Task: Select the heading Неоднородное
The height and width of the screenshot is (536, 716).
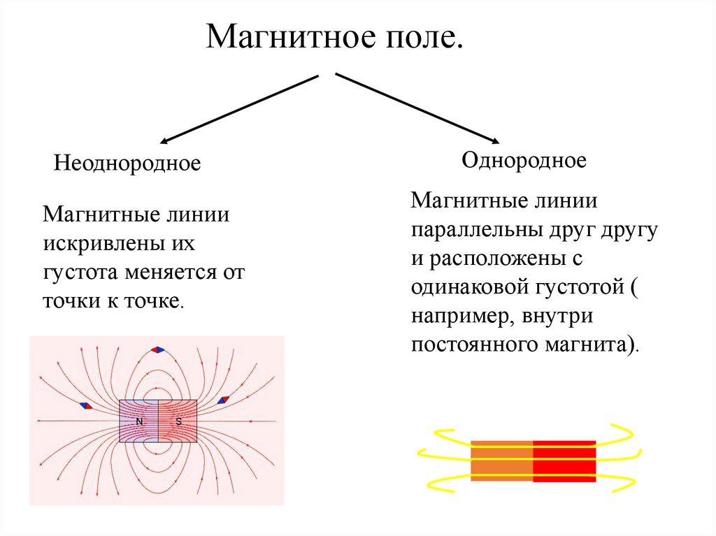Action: coord(127,164)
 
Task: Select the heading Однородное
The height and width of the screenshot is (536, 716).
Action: coord(524,161)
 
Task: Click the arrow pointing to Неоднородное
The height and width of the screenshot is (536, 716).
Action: coord(238,109)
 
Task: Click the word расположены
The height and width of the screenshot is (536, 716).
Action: coord(501,258)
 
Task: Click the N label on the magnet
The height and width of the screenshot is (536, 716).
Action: coord(139,421)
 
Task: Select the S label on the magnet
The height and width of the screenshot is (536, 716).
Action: coord(178,421)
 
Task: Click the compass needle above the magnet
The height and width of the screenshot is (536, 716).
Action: coord(158,349)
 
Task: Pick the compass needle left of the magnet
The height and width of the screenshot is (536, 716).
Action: coord(85,405)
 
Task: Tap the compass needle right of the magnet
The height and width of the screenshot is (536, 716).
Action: coord(223,400)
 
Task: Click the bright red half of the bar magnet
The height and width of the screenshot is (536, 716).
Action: coord(564,461)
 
